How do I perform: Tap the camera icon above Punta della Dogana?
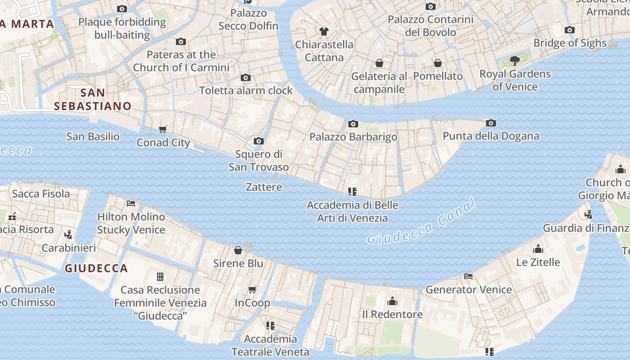491,123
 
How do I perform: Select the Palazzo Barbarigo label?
353,137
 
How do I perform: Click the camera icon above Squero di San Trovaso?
258,141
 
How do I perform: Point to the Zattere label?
264,187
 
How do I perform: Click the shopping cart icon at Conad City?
163,130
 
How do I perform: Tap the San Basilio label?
93,136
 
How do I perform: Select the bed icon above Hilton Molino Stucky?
131,203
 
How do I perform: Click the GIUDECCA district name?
96,269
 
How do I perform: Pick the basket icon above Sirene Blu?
238,250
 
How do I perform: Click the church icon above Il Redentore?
392,301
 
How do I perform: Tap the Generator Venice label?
468,289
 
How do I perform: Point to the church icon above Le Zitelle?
538,249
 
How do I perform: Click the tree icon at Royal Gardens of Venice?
515,61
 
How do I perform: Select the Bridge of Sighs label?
570,43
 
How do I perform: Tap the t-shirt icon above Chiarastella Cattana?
324,31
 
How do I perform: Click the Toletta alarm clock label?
246,90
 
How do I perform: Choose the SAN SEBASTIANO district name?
93,99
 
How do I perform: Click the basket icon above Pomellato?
438,63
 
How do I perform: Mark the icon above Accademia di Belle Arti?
352,192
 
